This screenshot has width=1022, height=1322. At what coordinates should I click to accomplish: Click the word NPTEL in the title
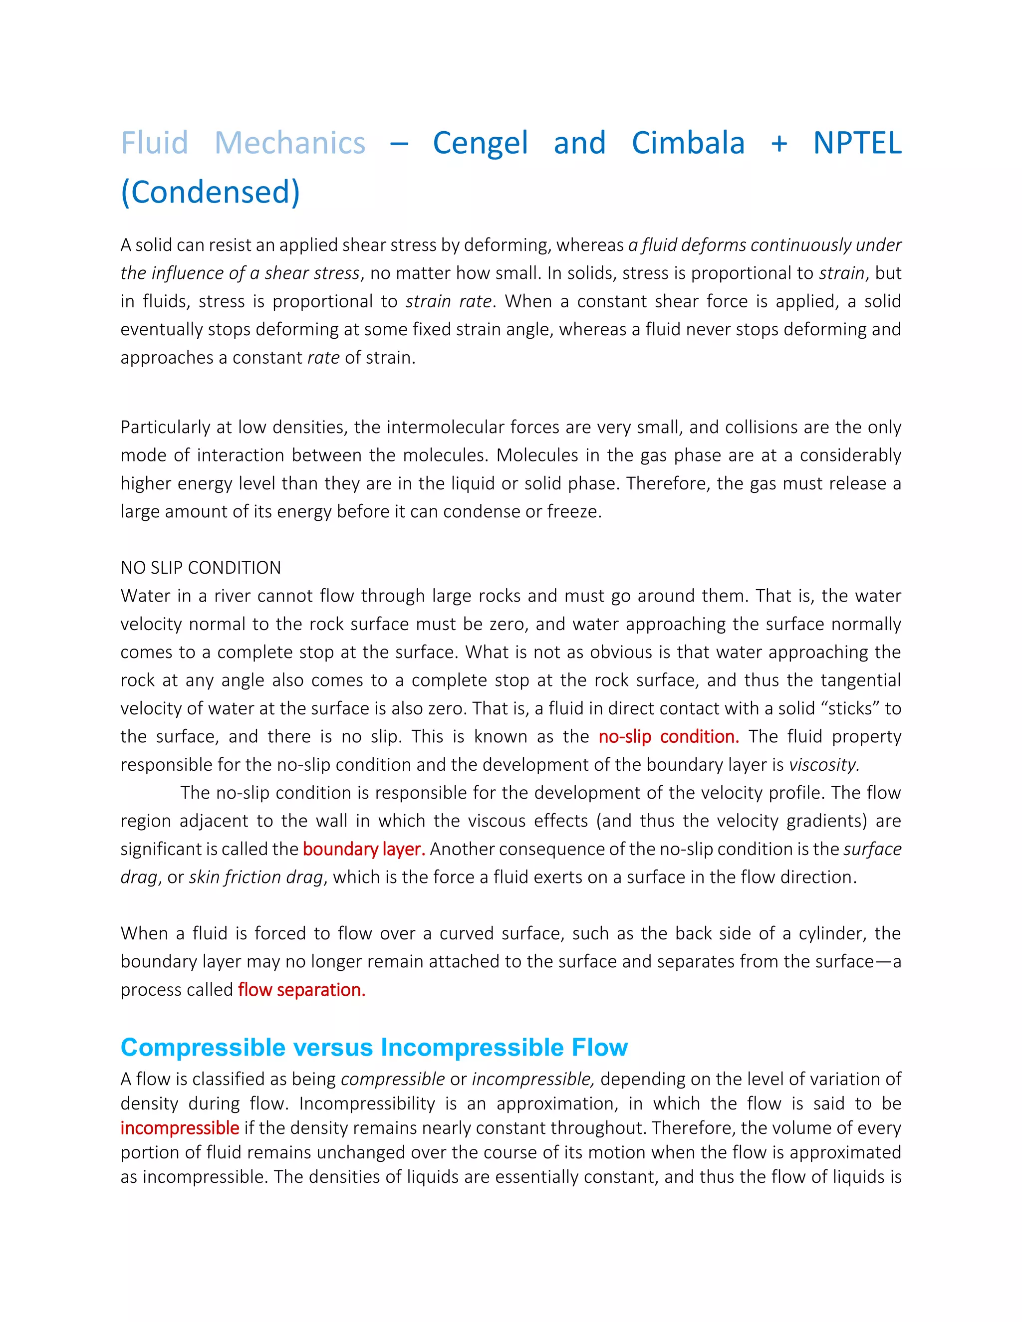[x=857, y=144]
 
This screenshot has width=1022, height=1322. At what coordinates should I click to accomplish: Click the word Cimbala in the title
[x=688, y=144]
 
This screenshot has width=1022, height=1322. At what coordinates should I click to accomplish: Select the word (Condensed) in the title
[x=210, y=193]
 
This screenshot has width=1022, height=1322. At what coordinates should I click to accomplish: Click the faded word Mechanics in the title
[x=289, y=144]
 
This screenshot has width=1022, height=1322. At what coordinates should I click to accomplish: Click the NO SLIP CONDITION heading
[x=201, y=568]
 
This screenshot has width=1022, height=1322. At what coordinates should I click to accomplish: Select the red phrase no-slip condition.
[x=668, y=737]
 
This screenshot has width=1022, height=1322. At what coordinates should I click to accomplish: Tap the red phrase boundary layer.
[x=364, y=849]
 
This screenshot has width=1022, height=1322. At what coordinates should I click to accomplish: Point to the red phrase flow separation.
[x=301, y=990]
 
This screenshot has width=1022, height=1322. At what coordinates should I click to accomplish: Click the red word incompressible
[x=180, y=1128]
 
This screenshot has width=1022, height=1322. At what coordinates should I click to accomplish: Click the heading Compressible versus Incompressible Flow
[x=374, y=1047]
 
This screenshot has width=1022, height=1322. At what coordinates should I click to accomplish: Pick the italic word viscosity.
[x=824, y=765]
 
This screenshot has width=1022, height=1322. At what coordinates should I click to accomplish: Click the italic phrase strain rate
[x=448, y=301]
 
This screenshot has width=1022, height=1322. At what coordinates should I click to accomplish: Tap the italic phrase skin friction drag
[x=256, y=877]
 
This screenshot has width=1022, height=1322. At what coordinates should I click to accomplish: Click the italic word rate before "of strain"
[x=323, y=358]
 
